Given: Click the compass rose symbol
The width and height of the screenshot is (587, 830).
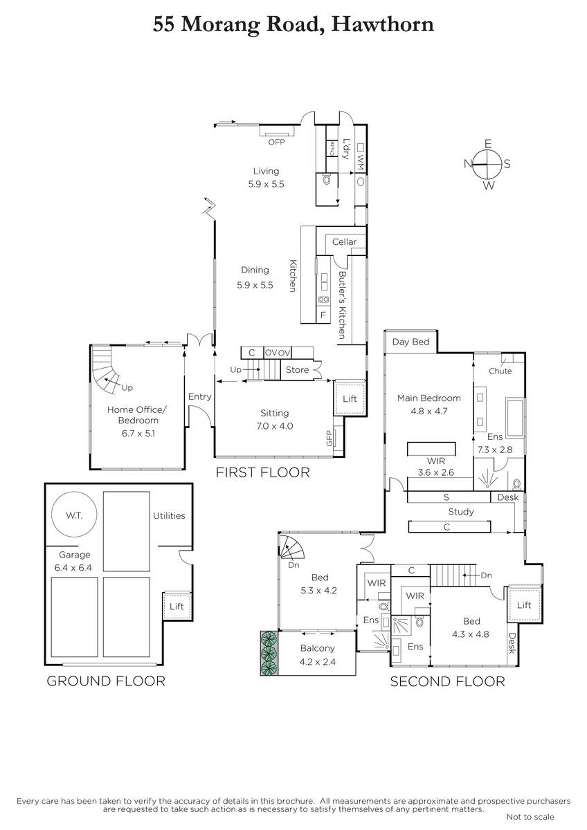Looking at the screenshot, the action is (487, 164).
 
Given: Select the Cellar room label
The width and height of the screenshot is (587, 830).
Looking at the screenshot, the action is (344, 242).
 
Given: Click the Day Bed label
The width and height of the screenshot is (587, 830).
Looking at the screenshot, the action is (411, 342).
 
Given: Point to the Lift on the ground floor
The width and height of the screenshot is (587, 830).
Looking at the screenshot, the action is (177, 606).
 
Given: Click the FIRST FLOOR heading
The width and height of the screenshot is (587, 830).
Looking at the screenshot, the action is (262, 472).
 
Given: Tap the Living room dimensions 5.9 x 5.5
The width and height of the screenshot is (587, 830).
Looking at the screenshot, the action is (267, 184).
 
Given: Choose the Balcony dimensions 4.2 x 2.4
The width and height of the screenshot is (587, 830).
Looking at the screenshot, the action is (318, 662).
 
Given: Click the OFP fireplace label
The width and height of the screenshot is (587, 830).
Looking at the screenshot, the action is (277, 142).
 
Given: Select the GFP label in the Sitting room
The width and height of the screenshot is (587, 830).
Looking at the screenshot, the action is (329, 439).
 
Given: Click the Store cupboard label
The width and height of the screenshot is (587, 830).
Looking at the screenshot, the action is (298, 370).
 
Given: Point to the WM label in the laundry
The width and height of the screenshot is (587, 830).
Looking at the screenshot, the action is (361, 162).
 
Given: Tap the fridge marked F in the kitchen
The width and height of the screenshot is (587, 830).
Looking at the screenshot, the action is (323, 315).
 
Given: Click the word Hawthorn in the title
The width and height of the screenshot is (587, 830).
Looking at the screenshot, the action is (382, 24).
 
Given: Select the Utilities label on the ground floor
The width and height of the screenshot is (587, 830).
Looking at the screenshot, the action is (169, 516).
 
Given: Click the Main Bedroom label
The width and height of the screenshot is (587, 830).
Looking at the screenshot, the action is (429, 398).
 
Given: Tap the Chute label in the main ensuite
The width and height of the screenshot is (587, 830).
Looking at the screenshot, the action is (500, 371).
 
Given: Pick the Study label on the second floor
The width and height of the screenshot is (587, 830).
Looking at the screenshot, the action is (461, 512).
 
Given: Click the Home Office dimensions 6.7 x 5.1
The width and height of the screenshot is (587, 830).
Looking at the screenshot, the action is (138, 433).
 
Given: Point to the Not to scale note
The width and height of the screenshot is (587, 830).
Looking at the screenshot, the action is (530, 817).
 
